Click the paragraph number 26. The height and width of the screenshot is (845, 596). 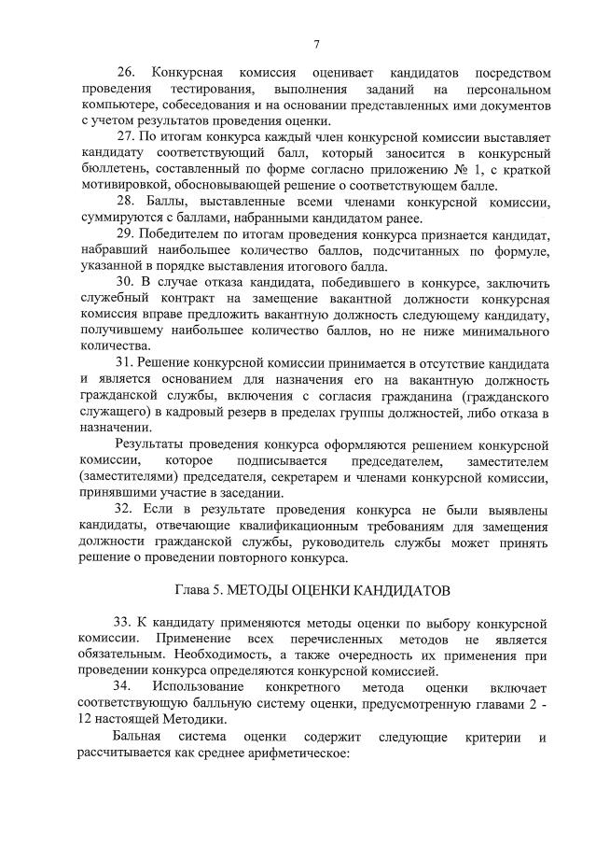125,73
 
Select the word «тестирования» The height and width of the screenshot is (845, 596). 209,89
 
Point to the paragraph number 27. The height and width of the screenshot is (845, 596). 125,137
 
